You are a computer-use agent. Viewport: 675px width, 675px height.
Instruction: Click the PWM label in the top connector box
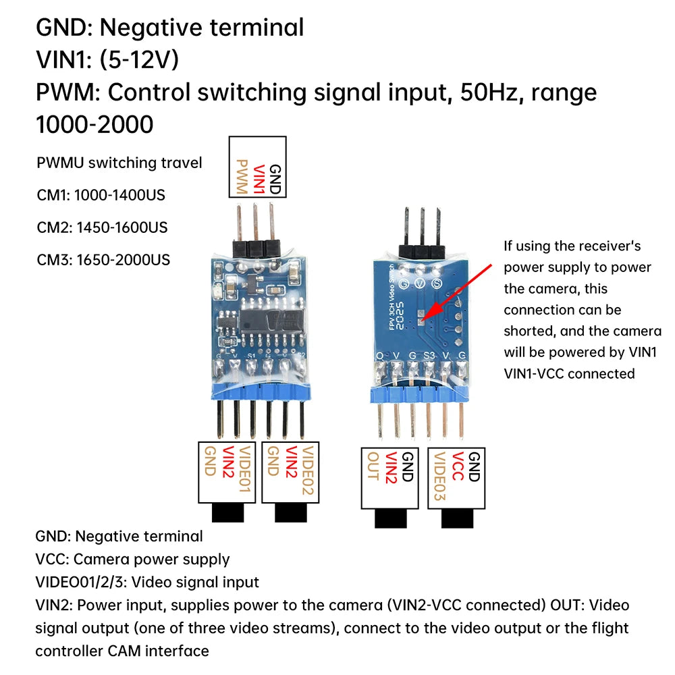click(242, 177)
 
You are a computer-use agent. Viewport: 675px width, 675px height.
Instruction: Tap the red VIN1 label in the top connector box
click(259, 179)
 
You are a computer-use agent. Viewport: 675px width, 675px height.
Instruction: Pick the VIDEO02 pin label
click(308, 470)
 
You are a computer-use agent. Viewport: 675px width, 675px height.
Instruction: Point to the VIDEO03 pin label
click(439, 476)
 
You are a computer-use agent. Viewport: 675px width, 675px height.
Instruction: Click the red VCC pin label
click(457, 466)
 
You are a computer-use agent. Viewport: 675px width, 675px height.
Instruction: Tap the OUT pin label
click(373, 466)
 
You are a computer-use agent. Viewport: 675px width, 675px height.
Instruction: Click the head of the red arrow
click(423, 319)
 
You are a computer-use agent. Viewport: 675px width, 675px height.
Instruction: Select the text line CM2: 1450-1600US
click(102, 227)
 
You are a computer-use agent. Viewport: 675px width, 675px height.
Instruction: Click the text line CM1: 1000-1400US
click(101, 195)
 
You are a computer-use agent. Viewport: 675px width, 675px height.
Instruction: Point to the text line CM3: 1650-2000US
click(103, 260)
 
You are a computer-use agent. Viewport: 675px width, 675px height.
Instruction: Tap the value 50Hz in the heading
click(489, 92)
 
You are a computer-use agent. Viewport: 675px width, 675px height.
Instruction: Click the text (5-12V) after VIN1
click(139, 59)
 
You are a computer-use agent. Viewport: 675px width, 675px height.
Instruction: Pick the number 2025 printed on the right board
click(400, 315)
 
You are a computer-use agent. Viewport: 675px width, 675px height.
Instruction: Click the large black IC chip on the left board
click(271, 321)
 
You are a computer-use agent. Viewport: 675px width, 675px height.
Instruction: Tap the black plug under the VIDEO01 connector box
click(227, 513)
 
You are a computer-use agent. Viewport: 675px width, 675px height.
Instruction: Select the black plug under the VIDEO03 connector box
click(457, 518)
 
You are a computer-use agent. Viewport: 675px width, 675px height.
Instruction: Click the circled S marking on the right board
click(437, 283)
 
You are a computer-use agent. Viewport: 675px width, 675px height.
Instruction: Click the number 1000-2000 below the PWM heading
click(94, 124)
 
